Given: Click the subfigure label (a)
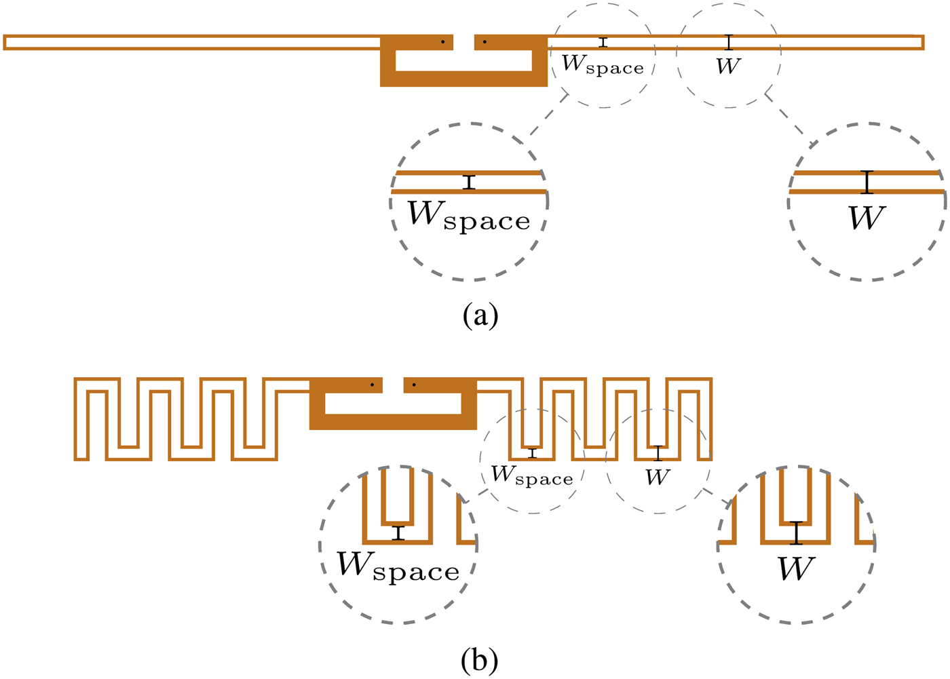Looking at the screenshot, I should [480, 316].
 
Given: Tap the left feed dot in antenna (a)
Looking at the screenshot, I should [442, 42].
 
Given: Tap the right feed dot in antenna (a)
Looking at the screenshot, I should [484, 42].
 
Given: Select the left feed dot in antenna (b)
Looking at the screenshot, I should [372, 385].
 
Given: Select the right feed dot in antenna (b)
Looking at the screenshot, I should [414, 385].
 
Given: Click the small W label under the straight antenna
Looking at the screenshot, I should [728, 66].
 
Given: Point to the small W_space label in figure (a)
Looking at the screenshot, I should [603, 64].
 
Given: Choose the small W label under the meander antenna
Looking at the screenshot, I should [658, 477].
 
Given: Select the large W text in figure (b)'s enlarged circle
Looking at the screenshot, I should [796, 568].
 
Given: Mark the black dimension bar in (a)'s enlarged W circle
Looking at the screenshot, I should [867, 182].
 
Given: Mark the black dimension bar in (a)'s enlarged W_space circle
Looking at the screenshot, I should [469, 182].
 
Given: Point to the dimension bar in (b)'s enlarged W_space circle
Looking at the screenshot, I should [399, 533].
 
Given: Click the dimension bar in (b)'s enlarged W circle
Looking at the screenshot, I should [797, 533].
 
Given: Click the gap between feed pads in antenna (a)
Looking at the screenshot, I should [463, 42].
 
